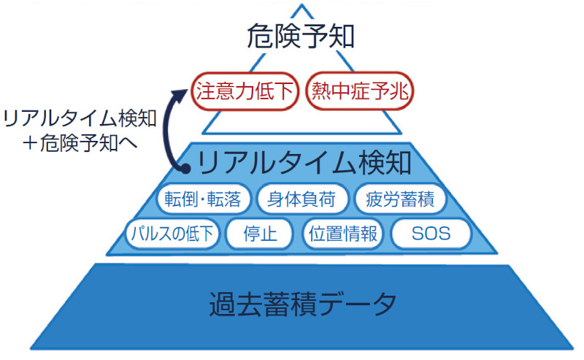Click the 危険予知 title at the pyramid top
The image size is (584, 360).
300,37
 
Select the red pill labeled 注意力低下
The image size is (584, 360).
245,91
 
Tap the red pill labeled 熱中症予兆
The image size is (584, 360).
360,91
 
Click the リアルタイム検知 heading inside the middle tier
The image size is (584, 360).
304,163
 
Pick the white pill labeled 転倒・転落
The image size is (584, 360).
203,199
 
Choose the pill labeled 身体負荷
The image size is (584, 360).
301,199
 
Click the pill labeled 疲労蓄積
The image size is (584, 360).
400,199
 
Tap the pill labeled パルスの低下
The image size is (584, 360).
172,234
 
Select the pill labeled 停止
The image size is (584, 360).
260,234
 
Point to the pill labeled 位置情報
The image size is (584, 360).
343,234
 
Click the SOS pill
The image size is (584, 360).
431,234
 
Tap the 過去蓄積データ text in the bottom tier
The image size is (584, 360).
303,305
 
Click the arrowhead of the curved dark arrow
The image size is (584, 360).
181,94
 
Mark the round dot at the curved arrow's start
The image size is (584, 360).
185,169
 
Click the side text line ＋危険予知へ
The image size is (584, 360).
80,142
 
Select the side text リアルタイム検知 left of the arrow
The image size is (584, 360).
80,118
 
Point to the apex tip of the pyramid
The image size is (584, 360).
302,4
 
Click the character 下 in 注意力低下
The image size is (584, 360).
284,91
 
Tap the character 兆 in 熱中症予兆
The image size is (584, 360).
399,91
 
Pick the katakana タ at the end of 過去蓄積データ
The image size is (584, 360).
384,305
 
